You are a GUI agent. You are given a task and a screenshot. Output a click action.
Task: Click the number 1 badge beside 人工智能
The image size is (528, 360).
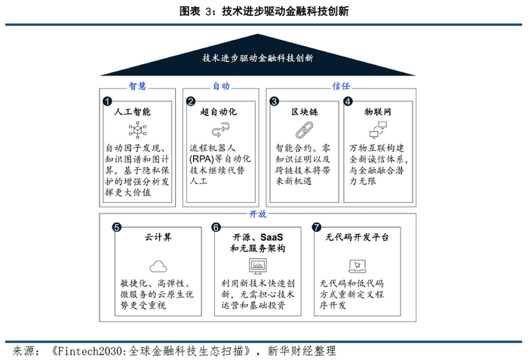107,101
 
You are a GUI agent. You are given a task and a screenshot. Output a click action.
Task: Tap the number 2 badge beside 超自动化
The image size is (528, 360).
191,101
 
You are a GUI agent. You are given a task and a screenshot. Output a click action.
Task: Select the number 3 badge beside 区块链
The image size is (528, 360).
275,101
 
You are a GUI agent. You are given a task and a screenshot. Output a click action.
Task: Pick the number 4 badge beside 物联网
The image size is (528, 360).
348,101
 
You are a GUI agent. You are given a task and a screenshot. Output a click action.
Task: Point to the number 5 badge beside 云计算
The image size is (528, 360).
116,226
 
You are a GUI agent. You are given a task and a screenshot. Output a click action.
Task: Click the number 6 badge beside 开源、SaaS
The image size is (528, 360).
215,226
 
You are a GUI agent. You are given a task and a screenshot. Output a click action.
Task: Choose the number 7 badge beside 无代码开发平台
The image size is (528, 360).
317,226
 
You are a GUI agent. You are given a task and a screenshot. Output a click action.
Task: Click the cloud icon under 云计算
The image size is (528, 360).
158,266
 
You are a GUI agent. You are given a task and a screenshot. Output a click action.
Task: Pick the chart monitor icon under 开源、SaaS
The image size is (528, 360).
259,266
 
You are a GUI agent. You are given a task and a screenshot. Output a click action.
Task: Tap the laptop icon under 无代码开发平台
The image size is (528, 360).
357,266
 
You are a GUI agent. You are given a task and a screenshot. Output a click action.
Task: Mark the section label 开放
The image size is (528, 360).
259,214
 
